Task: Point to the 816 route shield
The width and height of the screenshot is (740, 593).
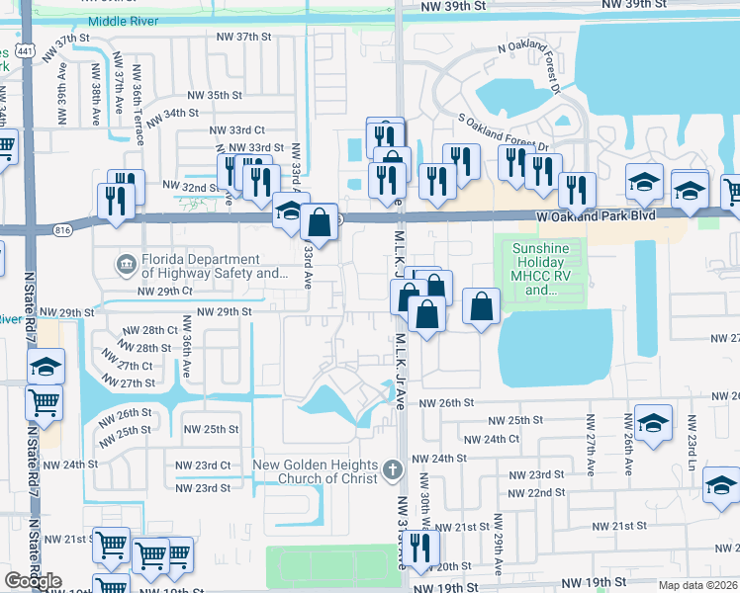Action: [x=64, y=230]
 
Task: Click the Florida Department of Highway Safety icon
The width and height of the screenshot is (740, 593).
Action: [x=126, y=265]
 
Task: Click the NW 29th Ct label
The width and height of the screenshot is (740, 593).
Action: [x=164, y=292]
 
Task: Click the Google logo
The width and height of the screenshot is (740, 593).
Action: [x=34, y=581]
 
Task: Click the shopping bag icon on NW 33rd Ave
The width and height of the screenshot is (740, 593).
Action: [x=320, y=224]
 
